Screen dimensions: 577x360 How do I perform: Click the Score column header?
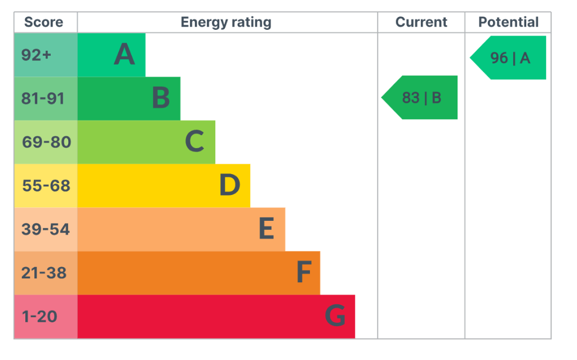43,22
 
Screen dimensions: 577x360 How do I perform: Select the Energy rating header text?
226,23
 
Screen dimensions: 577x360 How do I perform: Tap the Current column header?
421,22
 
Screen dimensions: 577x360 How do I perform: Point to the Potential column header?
508,22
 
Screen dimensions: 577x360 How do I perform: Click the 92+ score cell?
36,55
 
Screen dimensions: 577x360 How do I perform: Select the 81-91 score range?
43,99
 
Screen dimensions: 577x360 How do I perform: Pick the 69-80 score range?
46,142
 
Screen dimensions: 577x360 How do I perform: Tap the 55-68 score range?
46,186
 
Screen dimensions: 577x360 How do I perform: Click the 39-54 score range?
46,229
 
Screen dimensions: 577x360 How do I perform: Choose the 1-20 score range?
39,317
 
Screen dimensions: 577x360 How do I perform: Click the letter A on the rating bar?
125,54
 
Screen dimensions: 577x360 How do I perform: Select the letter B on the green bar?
161,97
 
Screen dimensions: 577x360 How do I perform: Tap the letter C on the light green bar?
194,141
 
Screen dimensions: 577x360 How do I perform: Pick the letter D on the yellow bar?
230,185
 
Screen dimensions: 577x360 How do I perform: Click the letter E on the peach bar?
267,228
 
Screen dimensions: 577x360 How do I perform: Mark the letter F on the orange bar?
304,272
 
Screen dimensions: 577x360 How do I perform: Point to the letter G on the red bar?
335,315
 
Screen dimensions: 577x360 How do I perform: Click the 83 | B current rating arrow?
419,97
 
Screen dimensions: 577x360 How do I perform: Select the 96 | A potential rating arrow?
508,58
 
